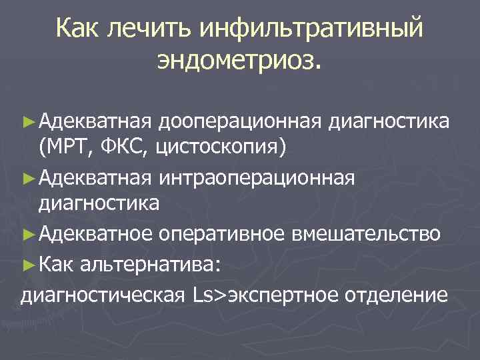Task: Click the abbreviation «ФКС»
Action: pos(125,147)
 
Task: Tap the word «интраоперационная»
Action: pos(257,179)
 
